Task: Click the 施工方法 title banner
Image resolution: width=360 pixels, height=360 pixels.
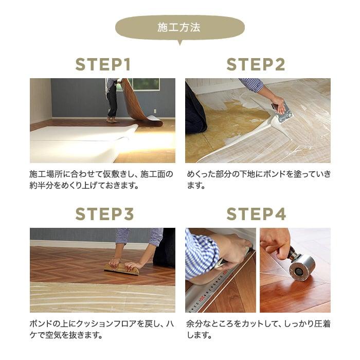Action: (179, 27)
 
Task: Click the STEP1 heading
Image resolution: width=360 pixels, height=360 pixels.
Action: (103, 65)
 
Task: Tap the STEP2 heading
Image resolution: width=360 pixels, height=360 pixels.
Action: (256, 65)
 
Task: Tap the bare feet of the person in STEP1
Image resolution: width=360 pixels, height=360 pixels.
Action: (112, 120)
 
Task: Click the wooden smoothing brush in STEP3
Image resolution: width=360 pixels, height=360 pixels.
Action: (122, 269)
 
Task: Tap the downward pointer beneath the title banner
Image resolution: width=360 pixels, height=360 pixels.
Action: (179, 43)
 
